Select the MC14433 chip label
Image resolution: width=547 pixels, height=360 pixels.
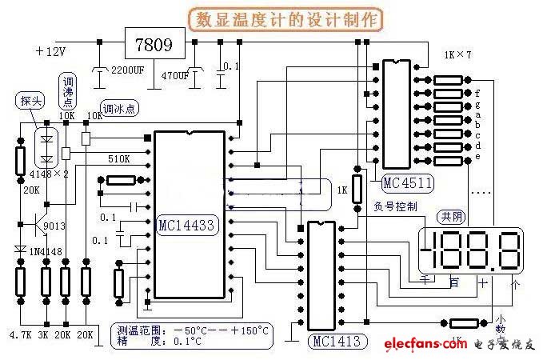(186, 226)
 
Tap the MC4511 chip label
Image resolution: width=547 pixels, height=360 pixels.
(407, 183)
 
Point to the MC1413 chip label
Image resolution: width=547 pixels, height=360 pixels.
(337, 342)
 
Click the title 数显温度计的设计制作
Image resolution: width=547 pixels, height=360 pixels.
(273, 18)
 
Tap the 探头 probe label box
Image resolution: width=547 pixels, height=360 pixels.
(30, 101)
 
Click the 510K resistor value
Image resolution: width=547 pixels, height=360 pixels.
(119, 159)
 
